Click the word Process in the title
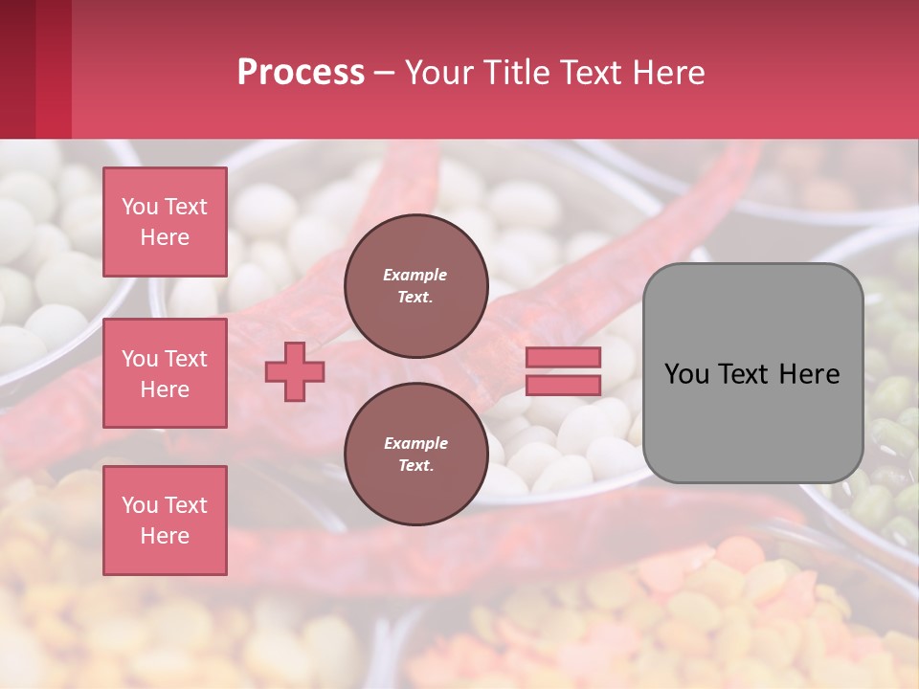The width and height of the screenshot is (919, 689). point(301,73)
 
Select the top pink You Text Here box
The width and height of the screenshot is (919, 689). point(165,222)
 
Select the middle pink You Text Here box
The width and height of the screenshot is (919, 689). point(165,373)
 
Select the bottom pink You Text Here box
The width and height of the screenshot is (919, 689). point(165,520)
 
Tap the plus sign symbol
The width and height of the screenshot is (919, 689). point(295,372)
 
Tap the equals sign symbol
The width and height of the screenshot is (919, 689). point(564,371)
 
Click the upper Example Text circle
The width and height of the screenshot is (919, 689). point(415,285)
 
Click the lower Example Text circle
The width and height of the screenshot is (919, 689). point(415,454)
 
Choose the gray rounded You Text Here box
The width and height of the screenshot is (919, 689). point(752,373)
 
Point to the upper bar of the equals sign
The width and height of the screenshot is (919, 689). point(564,358)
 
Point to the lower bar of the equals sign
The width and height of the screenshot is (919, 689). point(564,385)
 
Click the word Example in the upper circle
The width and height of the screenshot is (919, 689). point(415,275)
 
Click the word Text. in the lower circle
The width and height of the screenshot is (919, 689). point(415,466)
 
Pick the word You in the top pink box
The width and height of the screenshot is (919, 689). point(139,207)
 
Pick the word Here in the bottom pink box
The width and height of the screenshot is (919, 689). point(165,536)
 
